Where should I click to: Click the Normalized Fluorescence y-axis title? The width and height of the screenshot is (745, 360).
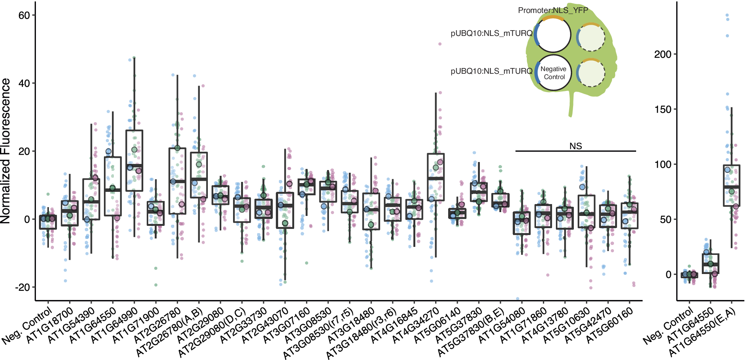[x=5, y=151]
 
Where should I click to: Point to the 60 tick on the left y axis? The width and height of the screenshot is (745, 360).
[x=24, y=15]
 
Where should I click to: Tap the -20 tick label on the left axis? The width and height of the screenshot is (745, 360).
[x=22, y=287]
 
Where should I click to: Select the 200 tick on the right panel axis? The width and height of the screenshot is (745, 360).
[x=662, y=54]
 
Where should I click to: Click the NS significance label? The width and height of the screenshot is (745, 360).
[x=575, y=146]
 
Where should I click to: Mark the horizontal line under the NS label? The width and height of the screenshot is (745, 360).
[x=575, y=151]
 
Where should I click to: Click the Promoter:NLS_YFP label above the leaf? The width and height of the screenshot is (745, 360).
[x=553, y=10]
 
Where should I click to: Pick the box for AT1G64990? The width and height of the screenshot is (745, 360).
[x=134, y=161]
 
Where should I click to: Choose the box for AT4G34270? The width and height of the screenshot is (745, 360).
[x=436, y=177]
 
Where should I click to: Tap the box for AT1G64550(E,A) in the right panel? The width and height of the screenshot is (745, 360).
[x=731, y=185]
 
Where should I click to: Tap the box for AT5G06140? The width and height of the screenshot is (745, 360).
[x=457, y=213]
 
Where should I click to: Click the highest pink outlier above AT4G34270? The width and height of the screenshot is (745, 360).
[x=440, y=44]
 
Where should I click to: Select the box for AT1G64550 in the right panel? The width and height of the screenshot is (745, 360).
[x=710, y=264]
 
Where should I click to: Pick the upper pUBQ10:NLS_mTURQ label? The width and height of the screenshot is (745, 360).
[x=491, y=33]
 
